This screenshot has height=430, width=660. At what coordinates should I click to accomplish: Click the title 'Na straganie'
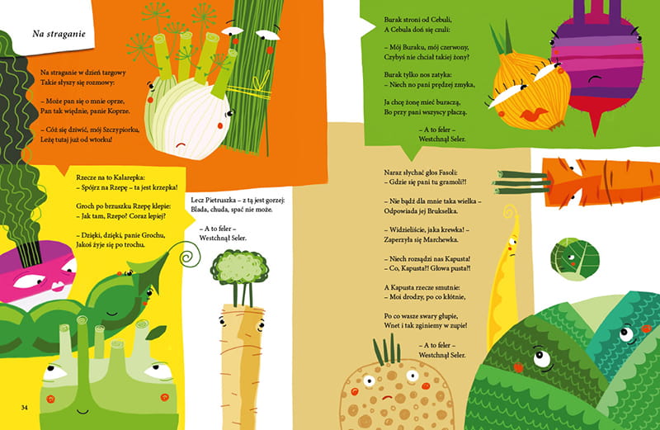59,34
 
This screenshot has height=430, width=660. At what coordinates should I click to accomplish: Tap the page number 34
25,407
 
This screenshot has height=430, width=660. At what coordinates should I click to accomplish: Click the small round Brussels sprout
574,258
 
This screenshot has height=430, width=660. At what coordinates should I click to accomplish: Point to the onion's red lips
534,114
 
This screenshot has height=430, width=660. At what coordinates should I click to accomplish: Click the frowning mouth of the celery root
387,397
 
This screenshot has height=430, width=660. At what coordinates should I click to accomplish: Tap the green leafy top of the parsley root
239,267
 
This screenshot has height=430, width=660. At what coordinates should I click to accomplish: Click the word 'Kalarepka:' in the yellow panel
129,177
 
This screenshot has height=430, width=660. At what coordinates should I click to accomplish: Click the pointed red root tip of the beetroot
595,130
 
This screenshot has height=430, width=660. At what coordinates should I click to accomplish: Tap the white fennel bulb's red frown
181,144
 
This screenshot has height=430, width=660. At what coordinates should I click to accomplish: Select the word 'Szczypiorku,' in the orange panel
120,130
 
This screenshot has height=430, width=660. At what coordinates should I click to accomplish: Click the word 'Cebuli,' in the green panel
440,19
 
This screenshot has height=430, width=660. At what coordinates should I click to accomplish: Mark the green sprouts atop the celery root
387,348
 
